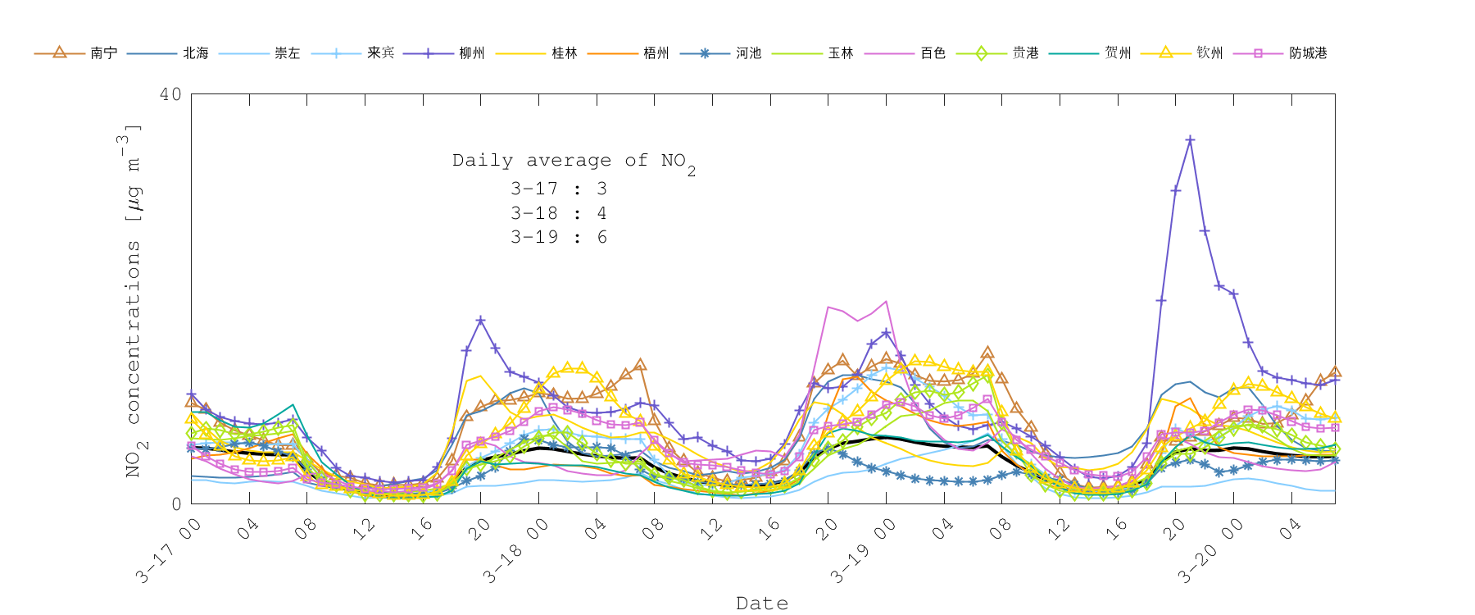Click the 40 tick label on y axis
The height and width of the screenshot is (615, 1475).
tap(170, 94)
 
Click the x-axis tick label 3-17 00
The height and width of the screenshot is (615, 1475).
tap(169, 551)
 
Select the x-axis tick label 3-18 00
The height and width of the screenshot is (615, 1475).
tap(516, 551)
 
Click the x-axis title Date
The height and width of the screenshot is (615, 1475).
tap(762, 604)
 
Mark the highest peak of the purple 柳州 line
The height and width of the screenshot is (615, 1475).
tap(1190, 140)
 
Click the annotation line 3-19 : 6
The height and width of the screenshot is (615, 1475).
tap(559, 237)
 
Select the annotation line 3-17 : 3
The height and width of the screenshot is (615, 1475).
tap(559, 189)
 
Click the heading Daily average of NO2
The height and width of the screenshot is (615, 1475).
tap(574, 162)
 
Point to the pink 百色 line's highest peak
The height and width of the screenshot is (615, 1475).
tap(886, 302)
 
